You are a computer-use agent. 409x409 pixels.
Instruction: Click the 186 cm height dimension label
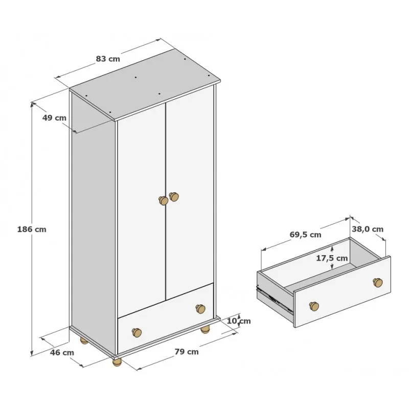[32, 230]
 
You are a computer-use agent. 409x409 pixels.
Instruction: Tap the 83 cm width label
[108, 59]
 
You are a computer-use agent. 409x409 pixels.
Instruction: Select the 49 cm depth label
[54, 118]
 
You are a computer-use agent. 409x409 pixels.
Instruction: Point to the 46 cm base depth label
[62, 353]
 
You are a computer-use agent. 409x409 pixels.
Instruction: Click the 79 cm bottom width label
[187, 352]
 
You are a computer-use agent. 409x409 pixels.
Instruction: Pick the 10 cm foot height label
[238, 321]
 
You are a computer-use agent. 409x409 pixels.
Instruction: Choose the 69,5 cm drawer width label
[305, 235]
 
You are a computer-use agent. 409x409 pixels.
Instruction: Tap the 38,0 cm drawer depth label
[368, 229]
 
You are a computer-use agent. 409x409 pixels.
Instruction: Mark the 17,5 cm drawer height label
[332, 258]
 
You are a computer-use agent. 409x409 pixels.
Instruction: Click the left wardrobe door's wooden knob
[164, 200]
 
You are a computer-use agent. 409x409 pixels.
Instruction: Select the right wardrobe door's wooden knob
[174, 196]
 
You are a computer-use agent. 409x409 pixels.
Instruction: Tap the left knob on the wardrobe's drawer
[137, 332]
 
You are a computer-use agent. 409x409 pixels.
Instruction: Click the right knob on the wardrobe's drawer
[200, 309]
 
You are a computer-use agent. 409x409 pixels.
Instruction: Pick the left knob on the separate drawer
[314, 306]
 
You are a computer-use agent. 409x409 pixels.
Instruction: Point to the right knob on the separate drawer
[378, 283]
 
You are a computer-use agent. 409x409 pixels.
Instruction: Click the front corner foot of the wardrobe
[117, 362]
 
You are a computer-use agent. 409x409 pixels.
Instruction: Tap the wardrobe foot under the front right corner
[206, 329]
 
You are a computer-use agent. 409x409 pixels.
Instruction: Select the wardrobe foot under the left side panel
[84, 340]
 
